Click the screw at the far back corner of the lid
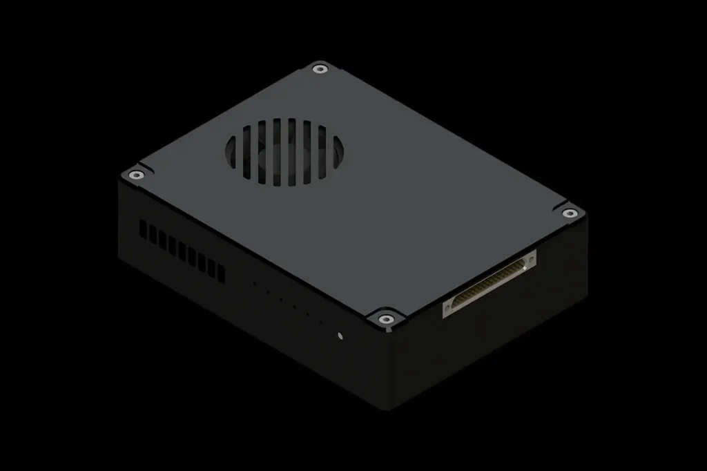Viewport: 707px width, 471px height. pyautogui.click(x=318, y=68)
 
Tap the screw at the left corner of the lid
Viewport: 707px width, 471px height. pyautogui.click(x=137, y=175)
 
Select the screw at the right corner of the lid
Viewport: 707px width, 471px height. pyautogui.click(x=570, y=213)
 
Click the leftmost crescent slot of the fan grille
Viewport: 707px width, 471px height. pyautogui.click(x=233, y=153)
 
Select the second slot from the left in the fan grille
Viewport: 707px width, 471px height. pyautogui.click(x=248, y=150)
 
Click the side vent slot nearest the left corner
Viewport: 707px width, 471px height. pyautogui.click(x=143, y=229)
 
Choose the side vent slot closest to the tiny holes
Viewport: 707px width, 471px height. pyautogui.click(x=221, y=273)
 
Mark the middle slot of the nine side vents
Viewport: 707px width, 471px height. pyautogui.click(x=182, y=251)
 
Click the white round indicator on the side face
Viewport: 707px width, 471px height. pyautogui.click(x=340, y=337)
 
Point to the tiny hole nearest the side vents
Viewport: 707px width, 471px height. pyautogui.click(x=254, y=284)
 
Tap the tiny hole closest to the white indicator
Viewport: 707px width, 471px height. pyautogui.click(x=320, y=321)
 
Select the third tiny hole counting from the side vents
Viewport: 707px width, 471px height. pyautogui.click(x=280, y=298)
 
